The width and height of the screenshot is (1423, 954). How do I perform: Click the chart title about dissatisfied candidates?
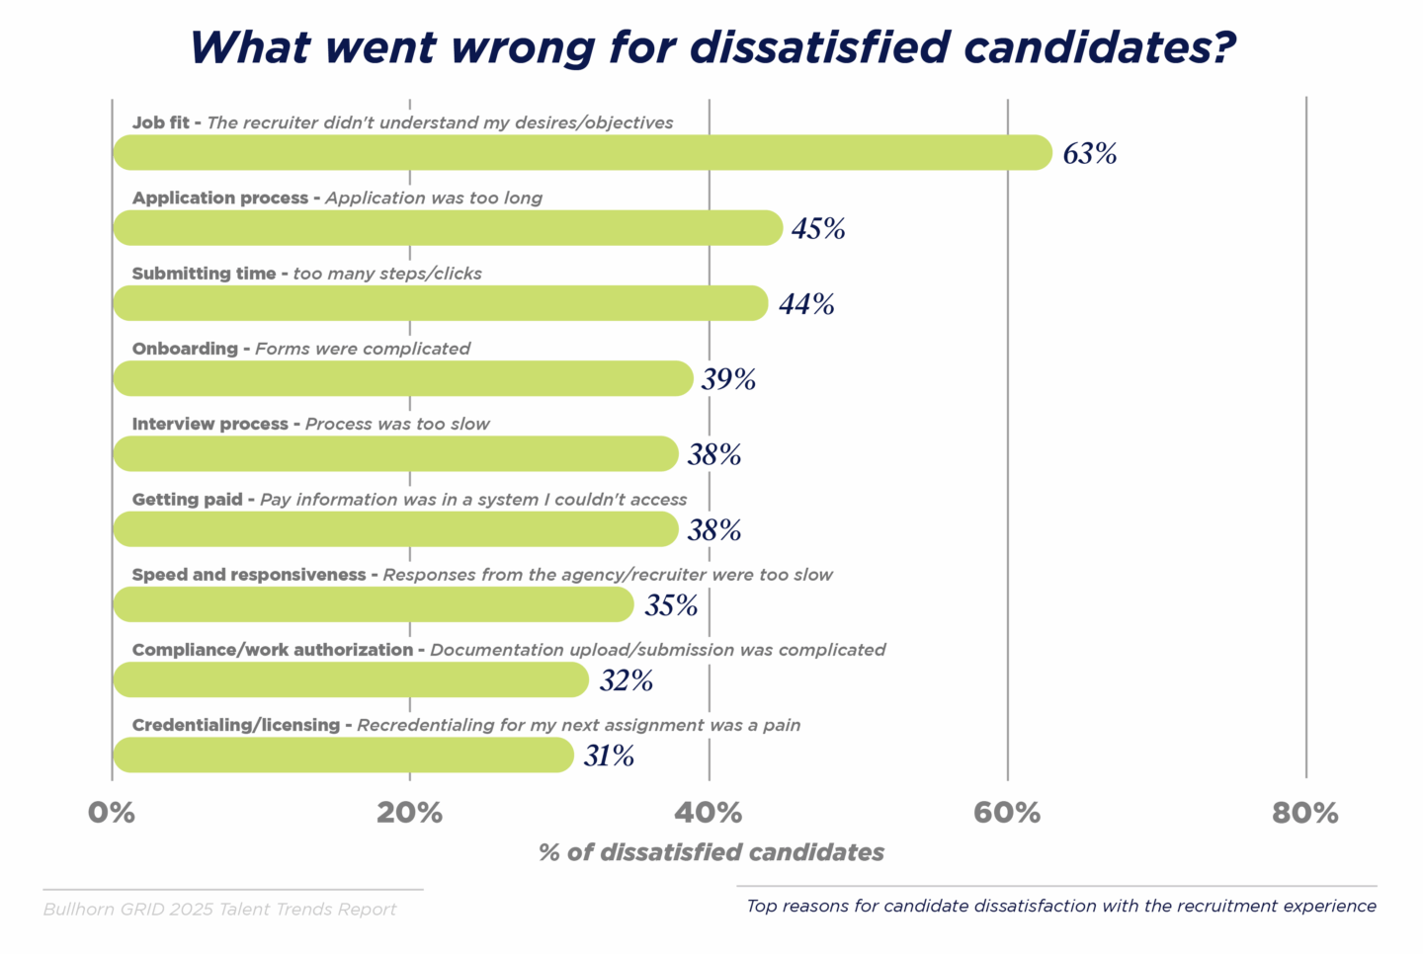point(711,47)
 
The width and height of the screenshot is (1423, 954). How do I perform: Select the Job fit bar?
point(582,153)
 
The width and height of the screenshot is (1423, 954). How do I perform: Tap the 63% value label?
point(1090,154)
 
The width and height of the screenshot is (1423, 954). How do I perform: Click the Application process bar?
point(448,228)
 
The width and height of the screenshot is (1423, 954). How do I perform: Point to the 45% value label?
point(818,229)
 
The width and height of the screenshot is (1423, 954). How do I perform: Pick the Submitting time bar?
point(440,303)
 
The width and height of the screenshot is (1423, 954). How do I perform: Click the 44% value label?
point(806,304)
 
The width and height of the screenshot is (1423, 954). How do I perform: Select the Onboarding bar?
point(403,378)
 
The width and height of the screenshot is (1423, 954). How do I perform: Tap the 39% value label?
point(728,379)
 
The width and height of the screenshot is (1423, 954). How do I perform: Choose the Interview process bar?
point(395,454)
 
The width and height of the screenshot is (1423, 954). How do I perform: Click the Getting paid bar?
point(395,529)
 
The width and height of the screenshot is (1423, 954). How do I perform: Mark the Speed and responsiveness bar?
point(374,604)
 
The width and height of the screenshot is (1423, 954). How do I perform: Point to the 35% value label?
point(671,605)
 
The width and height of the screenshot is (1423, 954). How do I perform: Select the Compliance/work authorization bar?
point(351,679)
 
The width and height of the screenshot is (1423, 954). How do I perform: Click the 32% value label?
point(626,680)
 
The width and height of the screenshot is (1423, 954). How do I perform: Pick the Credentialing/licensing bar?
point(343,755)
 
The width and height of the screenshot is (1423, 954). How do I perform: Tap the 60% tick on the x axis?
point(1007,813)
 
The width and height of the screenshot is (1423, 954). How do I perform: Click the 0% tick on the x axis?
point(112,813)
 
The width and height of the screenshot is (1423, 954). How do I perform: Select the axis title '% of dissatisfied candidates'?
point(711,852)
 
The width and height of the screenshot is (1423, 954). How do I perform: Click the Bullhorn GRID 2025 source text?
point(219,910)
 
